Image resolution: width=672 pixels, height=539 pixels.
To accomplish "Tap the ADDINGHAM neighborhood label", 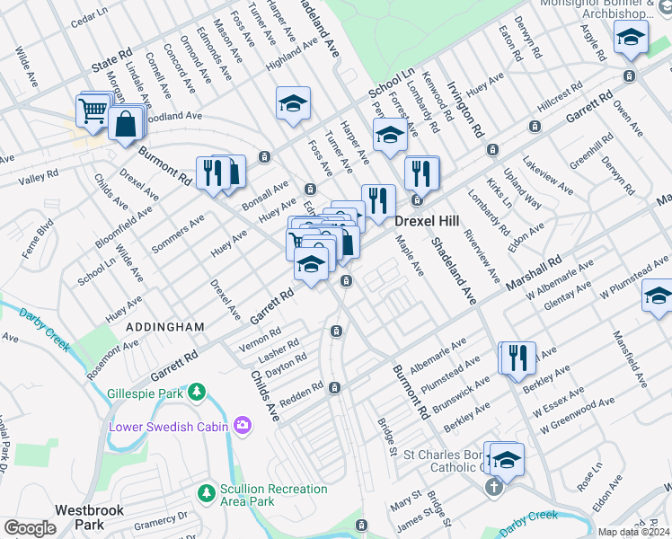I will tap(165, 327).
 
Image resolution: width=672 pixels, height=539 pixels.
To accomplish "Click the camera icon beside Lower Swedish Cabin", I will tap(241, 425).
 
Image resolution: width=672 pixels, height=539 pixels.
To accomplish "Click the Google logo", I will tap(30, 528).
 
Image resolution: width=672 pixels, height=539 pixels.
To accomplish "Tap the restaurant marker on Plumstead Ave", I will tap(517, 357).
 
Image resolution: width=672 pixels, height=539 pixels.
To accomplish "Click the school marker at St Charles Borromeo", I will tap(507, 457).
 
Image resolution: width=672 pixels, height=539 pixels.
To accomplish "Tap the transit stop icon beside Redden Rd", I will tap(334, 388).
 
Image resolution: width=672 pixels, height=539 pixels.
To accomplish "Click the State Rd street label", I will tap(111, 64).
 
